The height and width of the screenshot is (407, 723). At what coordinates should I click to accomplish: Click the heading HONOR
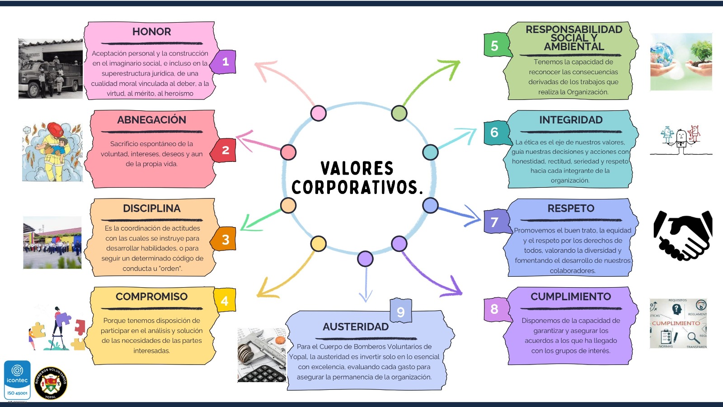151,32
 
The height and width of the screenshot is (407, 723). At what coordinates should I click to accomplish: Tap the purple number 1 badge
225,62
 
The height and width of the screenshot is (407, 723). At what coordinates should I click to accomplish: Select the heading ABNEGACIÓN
151,120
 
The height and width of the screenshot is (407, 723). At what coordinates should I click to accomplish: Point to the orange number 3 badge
225,239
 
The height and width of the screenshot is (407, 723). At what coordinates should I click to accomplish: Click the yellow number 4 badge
225,301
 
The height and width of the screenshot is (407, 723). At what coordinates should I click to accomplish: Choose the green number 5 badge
495,46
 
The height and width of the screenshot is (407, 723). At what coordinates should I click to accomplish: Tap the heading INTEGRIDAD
571,120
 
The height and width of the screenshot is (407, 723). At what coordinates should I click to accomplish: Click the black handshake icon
683,235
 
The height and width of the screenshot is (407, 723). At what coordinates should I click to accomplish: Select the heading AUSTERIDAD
356,327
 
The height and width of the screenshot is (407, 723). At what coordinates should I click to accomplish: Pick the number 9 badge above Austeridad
400,312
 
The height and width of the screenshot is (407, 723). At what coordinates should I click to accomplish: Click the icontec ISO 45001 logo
17,380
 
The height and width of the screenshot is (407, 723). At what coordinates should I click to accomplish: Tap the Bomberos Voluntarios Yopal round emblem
51,383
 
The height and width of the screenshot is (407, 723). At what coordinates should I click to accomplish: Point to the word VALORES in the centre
357,168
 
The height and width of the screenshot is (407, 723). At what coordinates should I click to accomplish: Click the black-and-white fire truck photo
51,69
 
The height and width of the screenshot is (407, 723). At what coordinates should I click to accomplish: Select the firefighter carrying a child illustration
52,152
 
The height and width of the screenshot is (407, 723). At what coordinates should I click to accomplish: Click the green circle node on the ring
399,113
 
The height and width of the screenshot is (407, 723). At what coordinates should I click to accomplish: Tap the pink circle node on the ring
319,113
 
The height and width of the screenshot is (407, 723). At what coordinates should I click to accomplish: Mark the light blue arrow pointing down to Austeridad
366,285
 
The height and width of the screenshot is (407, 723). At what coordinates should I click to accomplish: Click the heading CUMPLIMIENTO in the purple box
571,297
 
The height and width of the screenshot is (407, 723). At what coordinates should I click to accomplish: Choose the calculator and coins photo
262,355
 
